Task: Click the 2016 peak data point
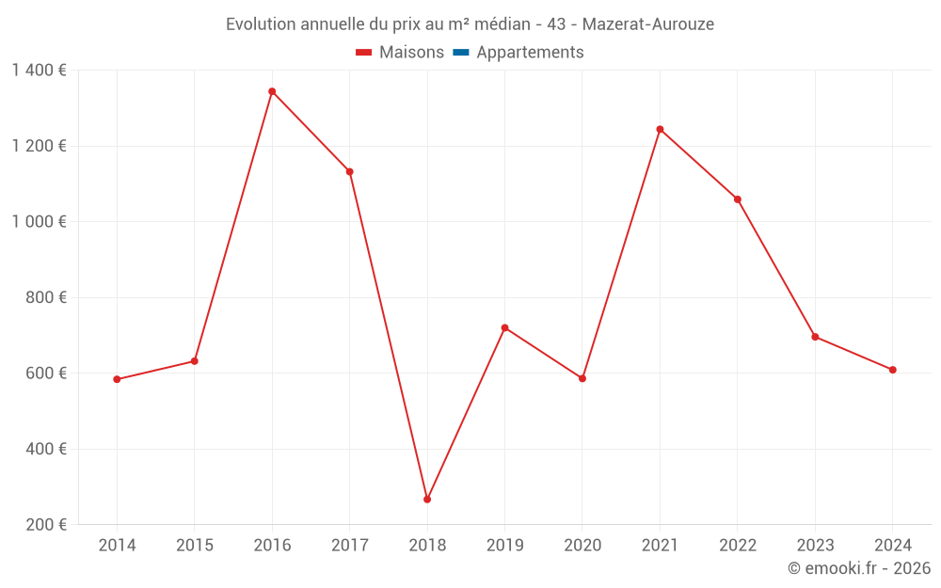pos(272,91)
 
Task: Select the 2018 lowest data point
pos(427,500)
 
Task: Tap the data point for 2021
pos(660,129)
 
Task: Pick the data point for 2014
pos(117,379)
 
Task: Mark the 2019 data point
pos(504,327)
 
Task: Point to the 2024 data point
pos(892,370)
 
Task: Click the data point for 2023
pos(815,337)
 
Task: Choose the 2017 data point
pos(349,171)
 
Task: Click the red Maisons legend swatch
pos(364,53)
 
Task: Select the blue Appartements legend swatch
pos(461,53)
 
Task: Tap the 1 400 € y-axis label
pos(39,70)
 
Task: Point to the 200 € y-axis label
pos(45,524)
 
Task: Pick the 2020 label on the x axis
pos(582,546)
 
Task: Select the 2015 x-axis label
pos(195,546)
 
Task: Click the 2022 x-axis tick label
pos(737,546)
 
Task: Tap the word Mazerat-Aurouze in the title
pos(648,24)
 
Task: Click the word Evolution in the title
pos(259,24)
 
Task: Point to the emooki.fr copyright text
pos(859,568)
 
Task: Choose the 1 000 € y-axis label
pos(39,221)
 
